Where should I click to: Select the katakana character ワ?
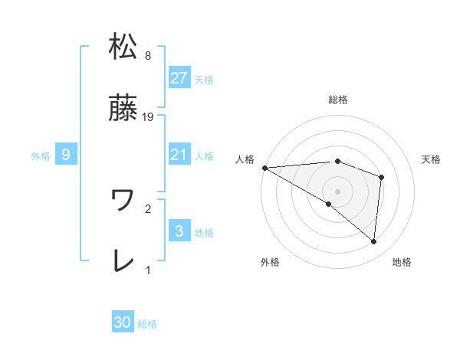pos(123,201)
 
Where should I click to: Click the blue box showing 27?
pos(179,78)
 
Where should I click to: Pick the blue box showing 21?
pos(179,155)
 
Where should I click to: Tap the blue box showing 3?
pos(179,231)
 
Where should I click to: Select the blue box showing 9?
pos(66,155)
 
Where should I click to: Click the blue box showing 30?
pos(123,323)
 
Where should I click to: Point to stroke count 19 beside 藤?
pos(149,116)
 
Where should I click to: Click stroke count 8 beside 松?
pos(148,55)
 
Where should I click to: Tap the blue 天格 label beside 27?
pos(204,79)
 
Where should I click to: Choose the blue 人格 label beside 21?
pos(204,156)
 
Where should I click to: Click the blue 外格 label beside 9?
pos(41,156)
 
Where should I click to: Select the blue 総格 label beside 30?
pos(147,324)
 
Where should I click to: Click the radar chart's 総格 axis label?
pos(338,100)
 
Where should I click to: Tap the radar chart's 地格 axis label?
pos(402,262)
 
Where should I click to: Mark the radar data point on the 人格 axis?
pos(264,167)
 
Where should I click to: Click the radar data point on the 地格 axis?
pos(373,242)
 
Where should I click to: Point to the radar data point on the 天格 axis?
pos(381,177)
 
